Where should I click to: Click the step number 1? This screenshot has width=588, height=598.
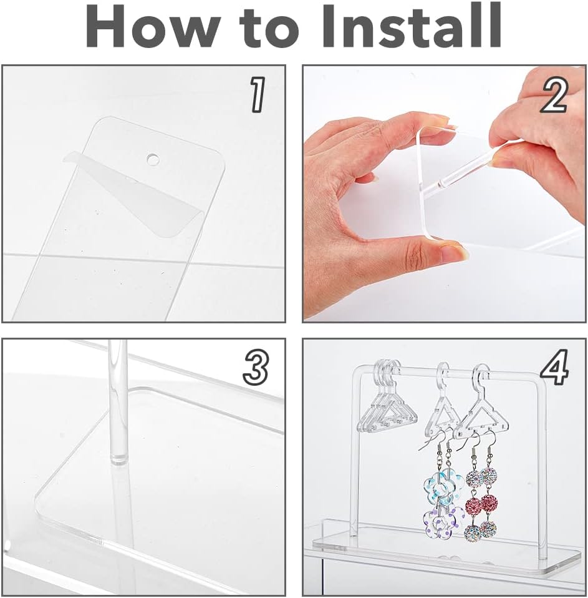tap(258, 96)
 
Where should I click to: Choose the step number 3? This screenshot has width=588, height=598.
tap(256, 368)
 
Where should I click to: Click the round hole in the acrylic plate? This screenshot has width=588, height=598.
tap(152, 160)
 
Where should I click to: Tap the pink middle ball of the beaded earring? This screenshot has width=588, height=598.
tap(488, 502)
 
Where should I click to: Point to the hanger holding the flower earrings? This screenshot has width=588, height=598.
tap(445, 406)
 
